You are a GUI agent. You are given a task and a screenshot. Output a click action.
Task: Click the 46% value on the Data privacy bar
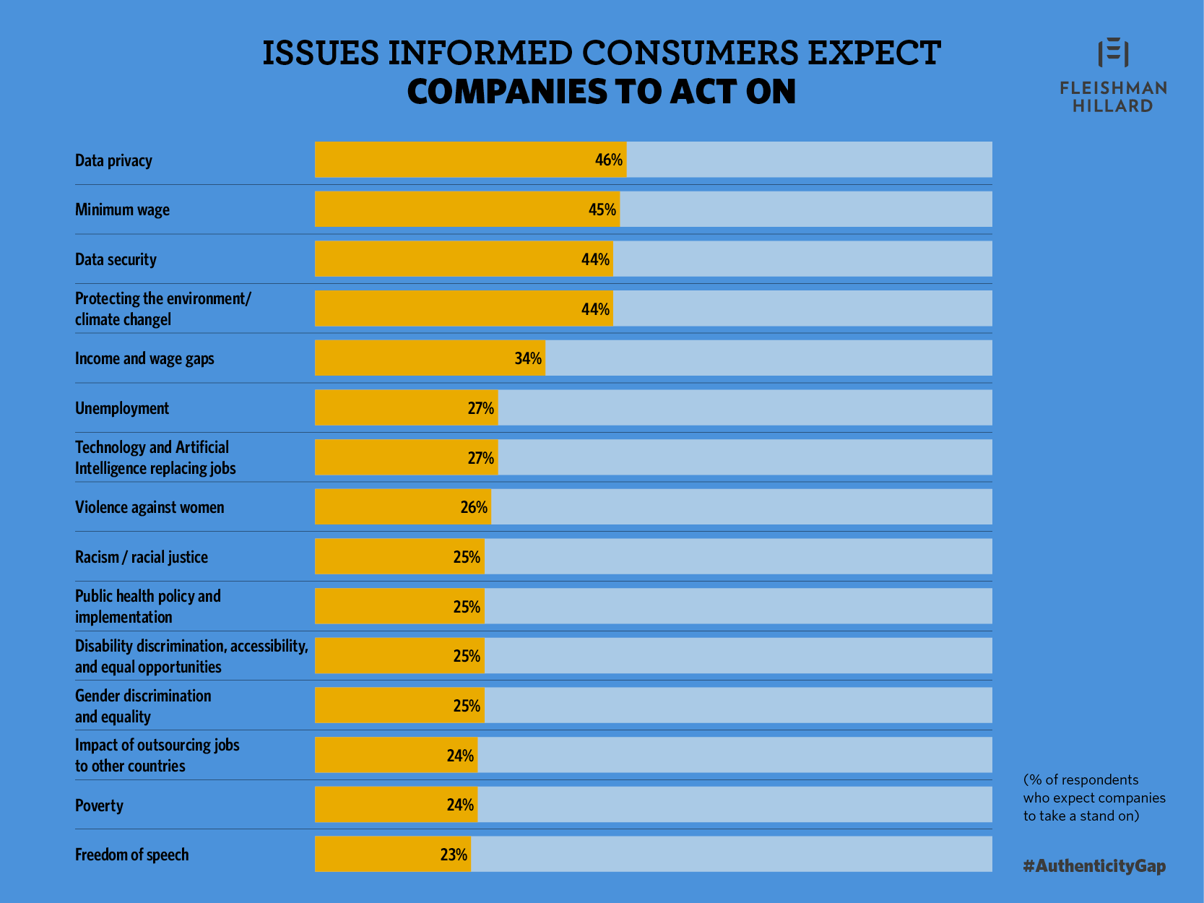(x=608, y=160)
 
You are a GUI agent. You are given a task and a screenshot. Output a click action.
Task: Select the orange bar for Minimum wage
(x=467, y=209)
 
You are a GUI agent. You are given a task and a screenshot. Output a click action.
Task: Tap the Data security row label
(x=116, y=259)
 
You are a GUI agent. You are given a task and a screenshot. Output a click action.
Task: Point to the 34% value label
(x=528, y=358)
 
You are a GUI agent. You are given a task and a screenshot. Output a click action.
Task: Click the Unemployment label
(x=122, y=408)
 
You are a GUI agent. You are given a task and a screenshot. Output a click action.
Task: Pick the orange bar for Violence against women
(x=402, y=507)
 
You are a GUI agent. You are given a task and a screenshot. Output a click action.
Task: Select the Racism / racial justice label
(x=142, y=557)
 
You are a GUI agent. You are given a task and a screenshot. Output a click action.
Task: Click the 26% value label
(x=474, y=507)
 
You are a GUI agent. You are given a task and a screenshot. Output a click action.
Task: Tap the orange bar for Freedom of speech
(x=392, y=855)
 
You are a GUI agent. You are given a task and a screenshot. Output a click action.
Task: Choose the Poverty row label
(x=99, y=805)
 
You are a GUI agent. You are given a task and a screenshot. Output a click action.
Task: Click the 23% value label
(x=454, y=855)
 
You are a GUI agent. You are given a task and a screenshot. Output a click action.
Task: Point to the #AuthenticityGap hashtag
(x=1094, y=865)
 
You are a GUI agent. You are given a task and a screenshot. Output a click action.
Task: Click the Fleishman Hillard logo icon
(x=1113, y=53)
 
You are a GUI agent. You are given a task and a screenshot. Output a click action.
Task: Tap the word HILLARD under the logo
(x=1112, y=106)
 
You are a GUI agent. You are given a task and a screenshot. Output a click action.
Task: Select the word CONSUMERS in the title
(x=690, y=53)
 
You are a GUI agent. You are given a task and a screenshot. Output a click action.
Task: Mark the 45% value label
(x=602, y=209)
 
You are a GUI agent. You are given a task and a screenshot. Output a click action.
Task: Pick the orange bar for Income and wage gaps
(x=430, y=358)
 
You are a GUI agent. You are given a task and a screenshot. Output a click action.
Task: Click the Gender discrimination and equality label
(x=143, y=706)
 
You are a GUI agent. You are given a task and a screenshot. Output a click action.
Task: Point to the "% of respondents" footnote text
(x=1093, y=798)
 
